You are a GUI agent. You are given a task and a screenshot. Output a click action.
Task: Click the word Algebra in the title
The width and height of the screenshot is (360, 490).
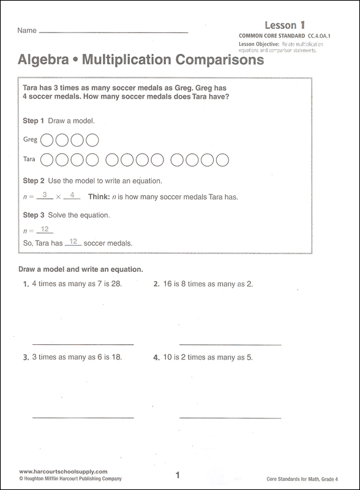(42, 61)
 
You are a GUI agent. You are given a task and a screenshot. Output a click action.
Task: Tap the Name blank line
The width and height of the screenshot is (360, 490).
(113, 32)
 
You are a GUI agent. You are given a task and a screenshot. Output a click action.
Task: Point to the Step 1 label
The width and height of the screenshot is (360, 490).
(33, 121)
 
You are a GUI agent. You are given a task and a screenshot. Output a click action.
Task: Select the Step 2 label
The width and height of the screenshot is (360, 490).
(33, 181)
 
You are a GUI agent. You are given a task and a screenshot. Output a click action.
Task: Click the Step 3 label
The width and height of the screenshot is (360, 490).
(33, 215)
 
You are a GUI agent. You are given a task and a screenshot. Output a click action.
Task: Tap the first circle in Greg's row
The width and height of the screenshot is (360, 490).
(47, 140)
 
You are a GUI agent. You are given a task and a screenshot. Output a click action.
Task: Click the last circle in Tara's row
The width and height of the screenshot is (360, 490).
(223, 160)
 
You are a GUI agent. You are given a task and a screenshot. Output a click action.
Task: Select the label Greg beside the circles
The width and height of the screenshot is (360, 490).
(30, 140)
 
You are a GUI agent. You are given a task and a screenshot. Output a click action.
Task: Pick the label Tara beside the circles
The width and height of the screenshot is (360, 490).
(29, 160)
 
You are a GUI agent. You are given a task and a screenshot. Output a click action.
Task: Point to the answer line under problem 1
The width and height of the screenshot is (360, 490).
(83, 344)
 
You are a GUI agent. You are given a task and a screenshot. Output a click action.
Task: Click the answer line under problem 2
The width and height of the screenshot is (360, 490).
(230, 344)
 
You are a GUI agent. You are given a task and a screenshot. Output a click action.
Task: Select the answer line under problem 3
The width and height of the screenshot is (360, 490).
(83, 417)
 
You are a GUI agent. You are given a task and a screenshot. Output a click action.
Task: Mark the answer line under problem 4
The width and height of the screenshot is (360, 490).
(230, 417)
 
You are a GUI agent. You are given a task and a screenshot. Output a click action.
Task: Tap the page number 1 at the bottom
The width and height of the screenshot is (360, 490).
(177, 475)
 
